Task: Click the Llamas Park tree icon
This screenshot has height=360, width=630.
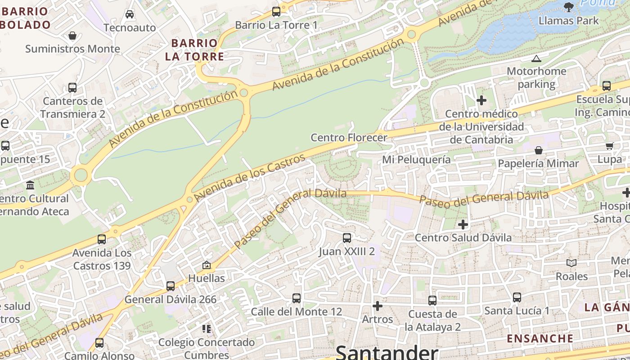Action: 569,6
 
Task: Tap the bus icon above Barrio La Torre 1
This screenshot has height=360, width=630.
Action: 276,12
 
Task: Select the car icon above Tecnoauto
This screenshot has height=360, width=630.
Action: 130,14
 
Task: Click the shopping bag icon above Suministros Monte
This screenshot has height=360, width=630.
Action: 72,36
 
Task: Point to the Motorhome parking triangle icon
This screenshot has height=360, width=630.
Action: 536,58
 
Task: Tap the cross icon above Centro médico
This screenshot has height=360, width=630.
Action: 481,100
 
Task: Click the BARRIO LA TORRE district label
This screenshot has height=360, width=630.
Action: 194,50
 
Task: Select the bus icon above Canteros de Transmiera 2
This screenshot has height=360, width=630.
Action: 72,87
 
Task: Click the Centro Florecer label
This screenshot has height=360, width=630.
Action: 349,138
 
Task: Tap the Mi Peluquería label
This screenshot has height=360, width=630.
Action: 416,160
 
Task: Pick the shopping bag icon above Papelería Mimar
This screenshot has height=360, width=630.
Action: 538,150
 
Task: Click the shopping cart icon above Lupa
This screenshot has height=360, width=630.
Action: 609,146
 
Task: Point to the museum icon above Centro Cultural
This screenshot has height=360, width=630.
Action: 30,185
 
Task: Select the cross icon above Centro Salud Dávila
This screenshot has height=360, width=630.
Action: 463,224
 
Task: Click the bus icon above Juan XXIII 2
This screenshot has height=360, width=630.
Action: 347,238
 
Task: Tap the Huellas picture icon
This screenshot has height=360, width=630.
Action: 207,265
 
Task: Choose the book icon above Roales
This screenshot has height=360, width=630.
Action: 571,263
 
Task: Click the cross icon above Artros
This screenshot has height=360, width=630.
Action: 378,306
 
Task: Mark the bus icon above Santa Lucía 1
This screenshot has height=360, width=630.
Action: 517,297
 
